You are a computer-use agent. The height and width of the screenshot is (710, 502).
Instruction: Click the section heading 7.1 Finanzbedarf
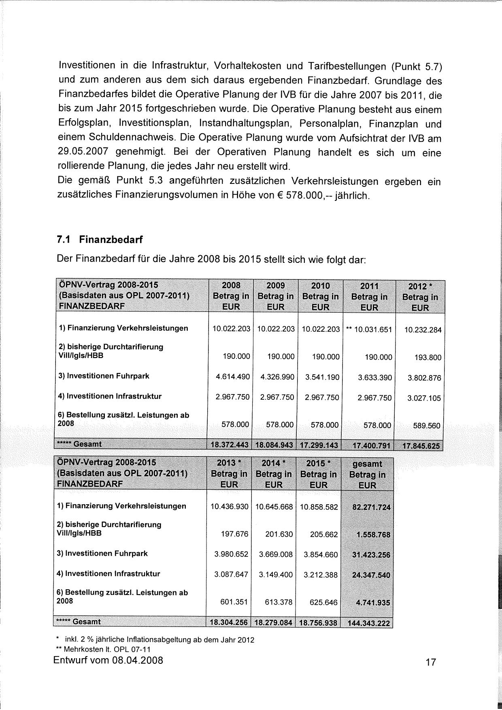pyautogui.click(x=100, y=240)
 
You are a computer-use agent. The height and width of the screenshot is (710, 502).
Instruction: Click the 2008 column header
pyautogui.click(x=231, y=296)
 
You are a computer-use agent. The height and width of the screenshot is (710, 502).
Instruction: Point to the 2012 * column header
pyautogui.click(x=420, y=297)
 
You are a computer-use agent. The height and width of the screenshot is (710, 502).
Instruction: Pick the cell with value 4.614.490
pyautogui.click(x=233, y=377)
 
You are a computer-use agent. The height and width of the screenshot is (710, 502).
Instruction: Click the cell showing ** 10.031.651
pyautogui.click(x=369, y=329)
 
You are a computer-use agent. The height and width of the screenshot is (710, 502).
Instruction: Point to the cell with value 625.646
pyautogui.click(x=323, y=602)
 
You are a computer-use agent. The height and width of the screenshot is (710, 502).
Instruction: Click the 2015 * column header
pyautogui.click(x=318, y=474)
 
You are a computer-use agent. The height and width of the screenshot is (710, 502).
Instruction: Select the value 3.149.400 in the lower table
pyautogui.click(x=276, y=574)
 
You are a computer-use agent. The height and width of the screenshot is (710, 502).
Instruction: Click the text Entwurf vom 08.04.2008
pyautogui.click(x=108, y=661)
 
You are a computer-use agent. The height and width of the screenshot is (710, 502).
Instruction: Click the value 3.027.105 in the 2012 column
pyautogui.click(x=424, y=398)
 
